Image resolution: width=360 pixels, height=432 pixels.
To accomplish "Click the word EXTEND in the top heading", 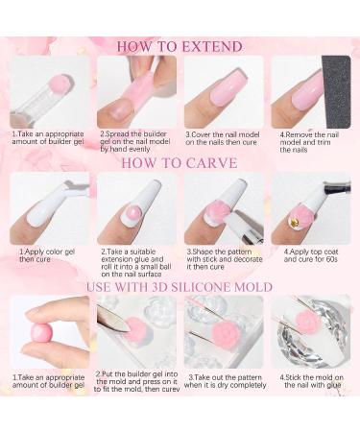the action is tap(211, 47).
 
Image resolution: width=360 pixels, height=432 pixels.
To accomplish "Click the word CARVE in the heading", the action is tap(211, 163).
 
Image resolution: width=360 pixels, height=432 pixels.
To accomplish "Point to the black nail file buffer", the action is tap(336, 92).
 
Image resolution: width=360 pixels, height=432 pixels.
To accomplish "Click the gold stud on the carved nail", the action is tap(293, 220).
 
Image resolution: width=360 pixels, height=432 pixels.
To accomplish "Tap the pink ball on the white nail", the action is tap(132, 211).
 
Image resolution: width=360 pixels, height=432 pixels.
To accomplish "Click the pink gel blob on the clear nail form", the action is tap(58, 84).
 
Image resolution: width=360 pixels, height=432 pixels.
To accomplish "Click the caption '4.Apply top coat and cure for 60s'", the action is tap(311, 255).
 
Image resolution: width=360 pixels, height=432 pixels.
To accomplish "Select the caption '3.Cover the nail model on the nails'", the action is tap(223, 138).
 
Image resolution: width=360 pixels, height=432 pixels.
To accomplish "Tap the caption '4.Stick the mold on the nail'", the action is tap(311, 381).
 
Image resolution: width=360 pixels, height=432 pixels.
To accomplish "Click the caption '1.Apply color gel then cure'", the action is tap(47, 255).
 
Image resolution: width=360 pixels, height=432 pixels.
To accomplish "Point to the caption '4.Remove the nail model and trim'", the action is tap(309, 142).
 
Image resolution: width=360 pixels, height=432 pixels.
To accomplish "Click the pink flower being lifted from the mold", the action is tap(223, 333).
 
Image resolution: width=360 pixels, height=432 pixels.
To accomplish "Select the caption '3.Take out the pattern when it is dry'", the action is tap(225, 381).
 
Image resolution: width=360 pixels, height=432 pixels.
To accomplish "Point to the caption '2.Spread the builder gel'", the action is tap(134, 141).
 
